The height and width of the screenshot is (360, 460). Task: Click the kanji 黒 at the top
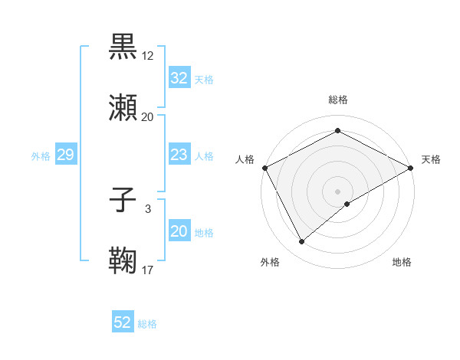(123, 47)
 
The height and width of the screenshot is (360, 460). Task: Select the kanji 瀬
(123, 107)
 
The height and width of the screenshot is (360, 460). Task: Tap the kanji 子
(123, 201)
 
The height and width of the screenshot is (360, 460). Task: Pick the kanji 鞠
(123, 260)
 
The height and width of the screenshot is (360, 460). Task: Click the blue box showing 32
(179, 78)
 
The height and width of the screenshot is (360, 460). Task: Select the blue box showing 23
(179, 155)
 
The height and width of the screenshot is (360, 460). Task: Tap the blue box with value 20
(179, 231)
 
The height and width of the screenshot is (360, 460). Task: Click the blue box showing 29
(65, 155)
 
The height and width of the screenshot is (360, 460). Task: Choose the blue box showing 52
(123, 322)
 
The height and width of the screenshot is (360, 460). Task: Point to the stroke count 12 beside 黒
(148, 56)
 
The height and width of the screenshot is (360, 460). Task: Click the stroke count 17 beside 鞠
(148, 270)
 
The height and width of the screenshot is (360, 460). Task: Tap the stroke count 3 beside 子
(148, 209)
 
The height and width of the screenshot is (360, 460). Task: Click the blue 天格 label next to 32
(204, 80)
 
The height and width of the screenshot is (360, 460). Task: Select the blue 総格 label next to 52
(147, 324)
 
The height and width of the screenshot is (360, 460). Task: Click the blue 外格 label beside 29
(41, 156)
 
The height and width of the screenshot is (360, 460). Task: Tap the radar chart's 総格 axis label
(337, 100)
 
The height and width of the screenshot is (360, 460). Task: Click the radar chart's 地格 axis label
(402, 263)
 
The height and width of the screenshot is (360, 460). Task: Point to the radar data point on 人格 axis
(264, 168)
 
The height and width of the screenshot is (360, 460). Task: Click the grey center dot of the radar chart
(337, 191)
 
